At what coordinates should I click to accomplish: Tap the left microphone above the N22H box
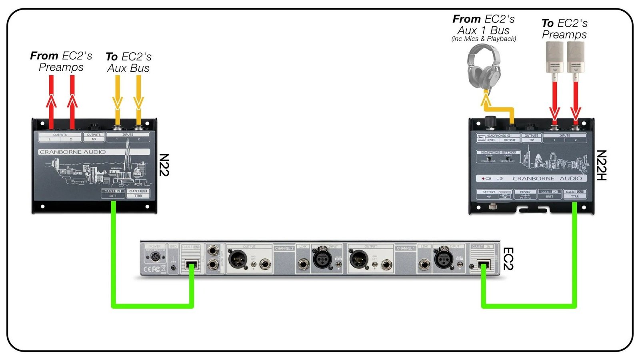pos(554,58)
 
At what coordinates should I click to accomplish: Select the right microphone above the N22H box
pos(576,58)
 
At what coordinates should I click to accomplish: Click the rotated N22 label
pos(164,165)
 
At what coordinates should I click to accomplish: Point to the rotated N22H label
pos(601,165)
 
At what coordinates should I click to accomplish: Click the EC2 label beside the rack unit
pos(508,258)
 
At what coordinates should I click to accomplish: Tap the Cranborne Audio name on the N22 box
pos(73,152)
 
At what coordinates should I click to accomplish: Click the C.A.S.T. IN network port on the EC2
pos(484,265)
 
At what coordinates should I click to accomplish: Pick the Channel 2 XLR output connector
pos(238,260)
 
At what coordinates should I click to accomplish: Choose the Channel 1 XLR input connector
pos(443,260)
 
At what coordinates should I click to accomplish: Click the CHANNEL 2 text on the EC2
pos(284,248)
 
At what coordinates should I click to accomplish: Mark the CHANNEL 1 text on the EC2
pos(406,248)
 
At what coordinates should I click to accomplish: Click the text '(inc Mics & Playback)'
pos(484,39)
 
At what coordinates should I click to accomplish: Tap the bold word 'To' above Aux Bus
pos(112,57)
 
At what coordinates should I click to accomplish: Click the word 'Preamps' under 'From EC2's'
pos(61,67)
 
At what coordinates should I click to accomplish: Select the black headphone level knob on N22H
pos(490,121)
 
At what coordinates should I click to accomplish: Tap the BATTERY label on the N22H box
pos(488,192)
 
